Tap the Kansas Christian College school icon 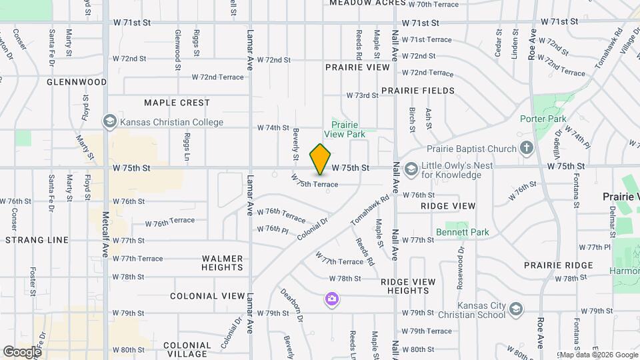(x=109, y=122)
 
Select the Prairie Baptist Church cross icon (x=527, y=148)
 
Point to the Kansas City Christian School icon (x=515, y=309)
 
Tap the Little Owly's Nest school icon (x=411, y=169)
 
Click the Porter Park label (x=543, y=119)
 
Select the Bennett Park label (x=463, y=232)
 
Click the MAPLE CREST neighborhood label (x=177, y=103)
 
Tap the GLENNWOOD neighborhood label (x=77, y=82)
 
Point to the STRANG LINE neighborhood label (x=37, y=239)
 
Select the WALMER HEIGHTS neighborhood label (x=222, y=263)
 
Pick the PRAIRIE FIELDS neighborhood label (x=418, y=91)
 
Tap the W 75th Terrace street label (x=314, y=182)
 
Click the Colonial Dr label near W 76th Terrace (x=313, y=228)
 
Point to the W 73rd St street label (x=366, y=95)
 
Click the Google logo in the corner (x=21, y=351)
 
